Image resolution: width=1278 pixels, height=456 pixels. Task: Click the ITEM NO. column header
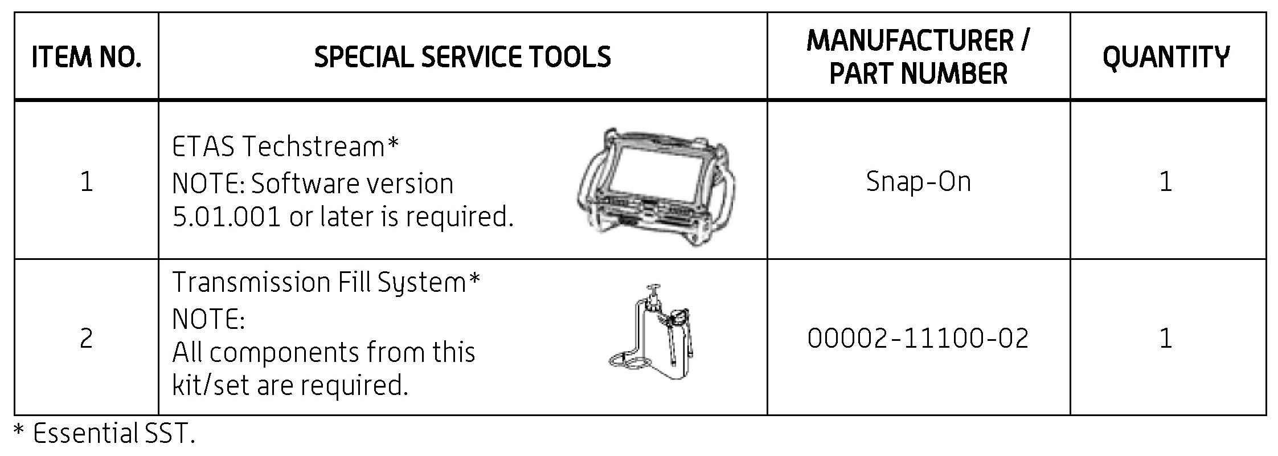tap(86, 58)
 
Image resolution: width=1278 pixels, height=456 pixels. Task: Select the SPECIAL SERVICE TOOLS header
tap(462, 57)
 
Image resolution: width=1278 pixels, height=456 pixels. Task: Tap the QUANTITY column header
tap(1166, 57)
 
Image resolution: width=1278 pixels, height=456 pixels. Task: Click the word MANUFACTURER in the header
tap(910, 40)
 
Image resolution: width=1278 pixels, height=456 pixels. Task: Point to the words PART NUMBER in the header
tap(918, 74)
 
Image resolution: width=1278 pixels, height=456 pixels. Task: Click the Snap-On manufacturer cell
tap(918, 182)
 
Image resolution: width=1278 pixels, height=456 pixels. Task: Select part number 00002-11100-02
tap(918, 338)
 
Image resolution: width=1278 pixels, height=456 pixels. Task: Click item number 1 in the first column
tap(86, 182)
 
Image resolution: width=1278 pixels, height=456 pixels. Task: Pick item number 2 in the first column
tap(86, 339)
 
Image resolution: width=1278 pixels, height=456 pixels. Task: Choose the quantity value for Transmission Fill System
tap(1166, 339)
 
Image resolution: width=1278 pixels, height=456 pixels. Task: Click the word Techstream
tap(313, 147)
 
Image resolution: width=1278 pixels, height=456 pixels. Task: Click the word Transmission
tap(251, 282)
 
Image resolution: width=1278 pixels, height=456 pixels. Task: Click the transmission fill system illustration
tap(655, 336)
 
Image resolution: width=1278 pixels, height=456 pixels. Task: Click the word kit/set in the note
tap(211, 386)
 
